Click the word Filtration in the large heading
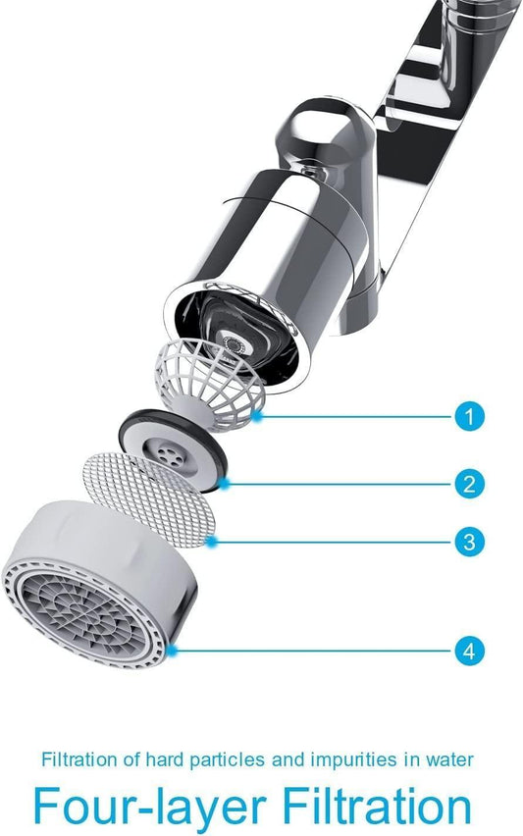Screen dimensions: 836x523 377,807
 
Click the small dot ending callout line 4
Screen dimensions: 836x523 173,650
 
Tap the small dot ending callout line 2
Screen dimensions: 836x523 227,483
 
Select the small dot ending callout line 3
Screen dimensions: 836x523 212,541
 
